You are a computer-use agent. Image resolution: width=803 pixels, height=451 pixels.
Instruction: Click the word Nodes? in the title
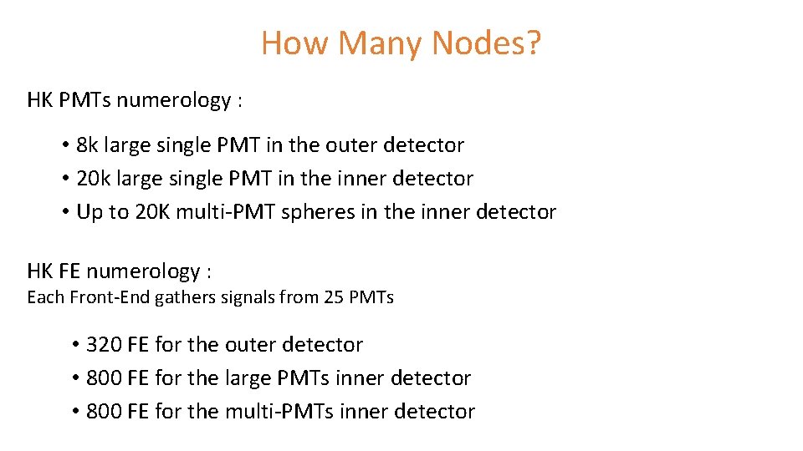[486, 43]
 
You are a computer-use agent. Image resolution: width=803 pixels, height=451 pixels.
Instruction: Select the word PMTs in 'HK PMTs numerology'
[86, 100]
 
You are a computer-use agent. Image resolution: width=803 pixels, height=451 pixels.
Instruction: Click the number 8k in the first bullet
[87, 145]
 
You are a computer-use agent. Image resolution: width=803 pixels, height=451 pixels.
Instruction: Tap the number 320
[104, 345]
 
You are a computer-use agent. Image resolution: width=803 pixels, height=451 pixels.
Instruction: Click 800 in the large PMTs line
[104, 378]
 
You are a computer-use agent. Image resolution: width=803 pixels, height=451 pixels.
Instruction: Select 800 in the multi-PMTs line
[104, 412]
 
